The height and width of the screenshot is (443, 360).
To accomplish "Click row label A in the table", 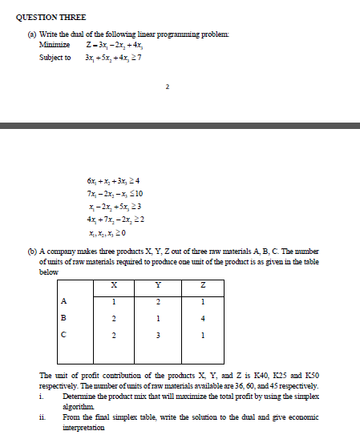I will click(x=64, y=300).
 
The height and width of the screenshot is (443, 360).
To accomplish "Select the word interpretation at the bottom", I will click(x=86, y=427).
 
